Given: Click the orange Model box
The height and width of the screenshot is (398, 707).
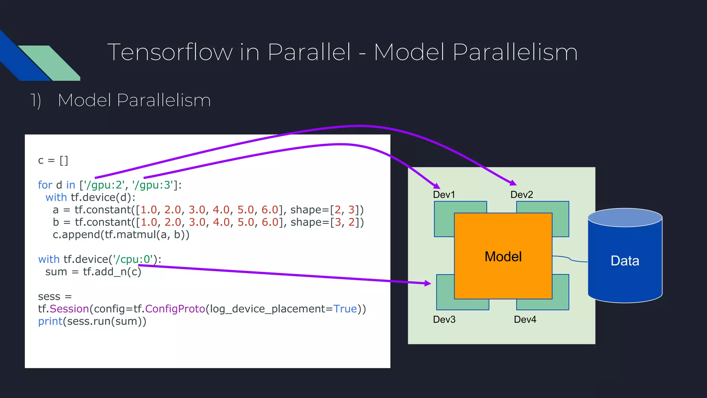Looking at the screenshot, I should click(x=503, y=256).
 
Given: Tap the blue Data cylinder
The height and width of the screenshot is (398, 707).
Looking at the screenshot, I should click(x=625, y=261).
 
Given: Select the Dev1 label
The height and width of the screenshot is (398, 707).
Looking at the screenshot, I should click(x=444, y=195).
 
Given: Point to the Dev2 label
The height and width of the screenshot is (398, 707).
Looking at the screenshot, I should click(x=522, y=195).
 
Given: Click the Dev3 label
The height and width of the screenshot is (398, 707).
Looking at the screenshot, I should click(x=444, y=319).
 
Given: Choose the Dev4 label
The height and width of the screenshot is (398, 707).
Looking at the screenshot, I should click(x=525, y=319).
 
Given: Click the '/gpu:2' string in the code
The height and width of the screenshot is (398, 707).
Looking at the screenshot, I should click(x=104, y=185).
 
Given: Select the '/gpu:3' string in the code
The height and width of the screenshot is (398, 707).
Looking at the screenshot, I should click(x=153, y=185).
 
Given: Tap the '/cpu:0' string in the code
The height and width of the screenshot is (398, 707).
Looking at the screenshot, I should click(x=133, y=259).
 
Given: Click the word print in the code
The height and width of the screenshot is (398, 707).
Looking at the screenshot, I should click(x=50, y=321).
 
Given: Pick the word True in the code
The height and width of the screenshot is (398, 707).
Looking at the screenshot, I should click(x=345, y=309).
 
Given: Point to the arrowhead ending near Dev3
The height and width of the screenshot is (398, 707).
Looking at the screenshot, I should click(x=428, y=283).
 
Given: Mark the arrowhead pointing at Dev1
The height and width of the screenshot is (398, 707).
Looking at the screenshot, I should click(x=437, y=186).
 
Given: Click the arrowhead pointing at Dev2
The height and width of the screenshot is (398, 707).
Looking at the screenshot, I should click(x=513, y=183).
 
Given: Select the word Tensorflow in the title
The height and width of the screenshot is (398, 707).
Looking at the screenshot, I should click(x=170, y=52).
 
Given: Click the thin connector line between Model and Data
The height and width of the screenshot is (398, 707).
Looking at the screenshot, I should click(x=570, y=259).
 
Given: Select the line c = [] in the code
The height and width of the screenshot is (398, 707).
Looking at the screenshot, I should click(x=53, y=161).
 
